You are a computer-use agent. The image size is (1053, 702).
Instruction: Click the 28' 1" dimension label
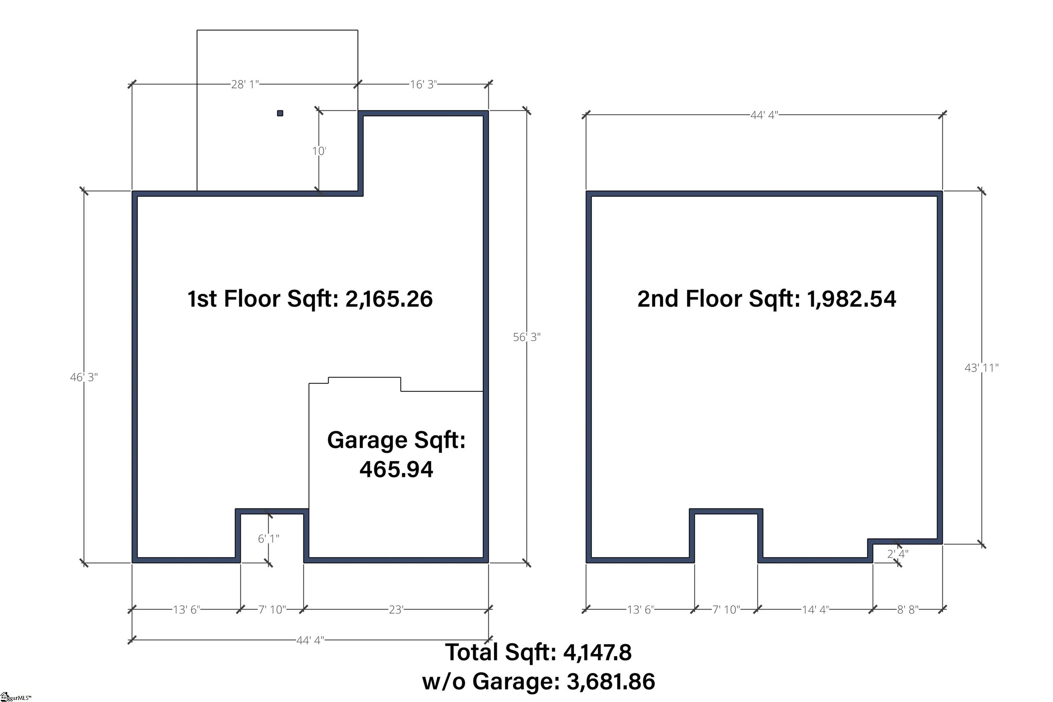click(x=245, y=84)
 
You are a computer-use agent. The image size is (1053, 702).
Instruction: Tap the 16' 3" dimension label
click(x=423, y=84)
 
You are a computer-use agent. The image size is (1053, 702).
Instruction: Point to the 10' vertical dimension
click(x=319, y=151)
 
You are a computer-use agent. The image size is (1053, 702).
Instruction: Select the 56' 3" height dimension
click(x=527, y=337)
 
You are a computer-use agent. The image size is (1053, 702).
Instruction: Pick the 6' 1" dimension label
click(x=268, y=538)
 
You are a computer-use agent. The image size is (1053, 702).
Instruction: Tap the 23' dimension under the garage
click(x=396, y=609)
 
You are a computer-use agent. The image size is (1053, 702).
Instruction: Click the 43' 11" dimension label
click(x=981, y=368)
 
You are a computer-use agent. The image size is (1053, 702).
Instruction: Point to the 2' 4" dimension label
click(x=898, y=554)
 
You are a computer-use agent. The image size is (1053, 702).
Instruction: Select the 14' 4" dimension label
click(x=815, y=609)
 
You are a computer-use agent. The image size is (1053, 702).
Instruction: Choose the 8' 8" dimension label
click(x=908, y=609)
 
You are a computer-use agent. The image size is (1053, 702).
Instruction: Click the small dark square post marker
click(x=280, y=113)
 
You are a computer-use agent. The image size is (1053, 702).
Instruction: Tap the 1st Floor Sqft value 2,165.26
click(x=389, y=299)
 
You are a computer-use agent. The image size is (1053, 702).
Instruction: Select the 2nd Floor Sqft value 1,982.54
click(x=851, y=299)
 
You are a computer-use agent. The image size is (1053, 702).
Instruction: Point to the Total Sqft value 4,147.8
click(x=597, y=652)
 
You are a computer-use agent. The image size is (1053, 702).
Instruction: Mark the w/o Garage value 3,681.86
click(x=610, y=681)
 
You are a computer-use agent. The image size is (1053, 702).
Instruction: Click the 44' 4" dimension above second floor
click(x=764, y=115)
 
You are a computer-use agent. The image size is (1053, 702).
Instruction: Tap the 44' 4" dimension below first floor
click(x=310, y=640)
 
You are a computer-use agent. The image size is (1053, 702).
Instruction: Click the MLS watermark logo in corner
click(x=16, y=697)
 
